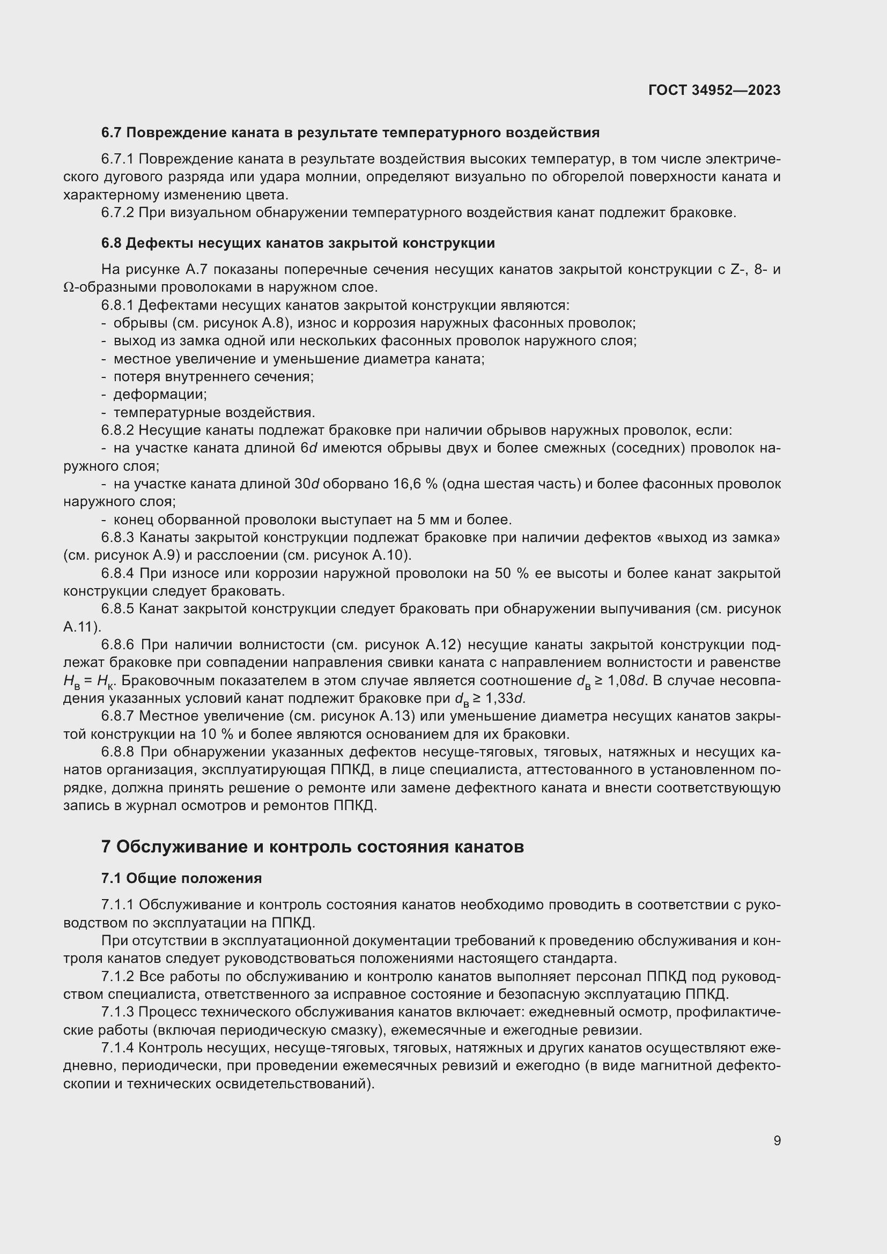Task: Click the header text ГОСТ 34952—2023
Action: point(714,90)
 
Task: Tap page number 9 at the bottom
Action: point(777,1140)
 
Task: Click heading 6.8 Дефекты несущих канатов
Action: point(298,243)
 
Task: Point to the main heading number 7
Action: point(106,847)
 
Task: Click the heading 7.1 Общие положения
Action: point(181,878)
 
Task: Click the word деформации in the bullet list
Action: point(158,395)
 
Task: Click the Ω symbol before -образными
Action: point(68,287)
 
